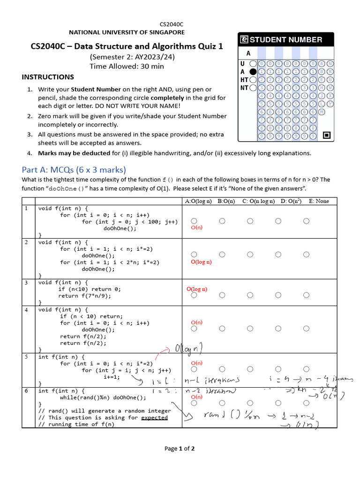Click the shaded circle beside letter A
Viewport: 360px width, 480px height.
(x=253, y=72)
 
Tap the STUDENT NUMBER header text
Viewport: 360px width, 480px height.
(x=285, y=40)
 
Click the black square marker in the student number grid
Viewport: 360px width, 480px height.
(x=327, y=136)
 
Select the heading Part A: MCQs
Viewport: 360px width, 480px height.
(x=74, y=170)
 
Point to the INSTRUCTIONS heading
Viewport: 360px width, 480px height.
(x=48, y=77)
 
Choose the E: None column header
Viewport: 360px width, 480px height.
(x=319, y=201)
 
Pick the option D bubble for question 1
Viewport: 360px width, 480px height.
(x=278, y=221)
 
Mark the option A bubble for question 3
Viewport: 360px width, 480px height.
(x=194, y=295)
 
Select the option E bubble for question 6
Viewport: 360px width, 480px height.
(x=306, y=403)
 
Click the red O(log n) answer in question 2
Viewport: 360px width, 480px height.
(x=201, y=262)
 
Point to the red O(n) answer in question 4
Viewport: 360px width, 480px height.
(x=196, y=322)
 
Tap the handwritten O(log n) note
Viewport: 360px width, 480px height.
(x=188, y=349)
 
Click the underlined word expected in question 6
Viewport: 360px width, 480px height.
(x=154, y=417)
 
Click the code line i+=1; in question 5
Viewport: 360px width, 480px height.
(x=112, y=377)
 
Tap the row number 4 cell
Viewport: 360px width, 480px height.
(x=27, y=310)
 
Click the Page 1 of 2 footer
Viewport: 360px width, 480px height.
(x=180, y=449)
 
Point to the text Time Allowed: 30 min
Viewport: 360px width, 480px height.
(x=127, y=66)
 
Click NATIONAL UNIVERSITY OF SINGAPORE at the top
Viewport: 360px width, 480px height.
(x=127, y=32)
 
